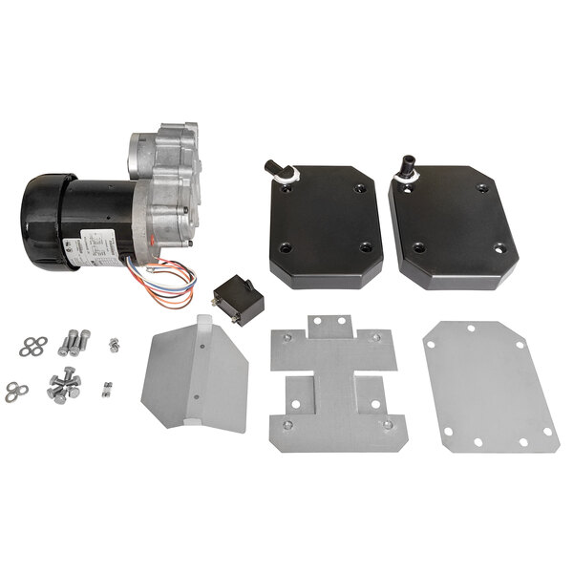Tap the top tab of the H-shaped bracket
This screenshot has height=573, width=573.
[x=332, y=326]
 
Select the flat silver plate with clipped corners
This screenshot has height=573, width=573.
[x=490, y=385]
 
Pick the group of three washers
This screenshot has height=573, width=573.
[x=15, y=392]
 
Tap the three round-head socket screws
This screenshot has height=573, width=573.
[x=74, y=341]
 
